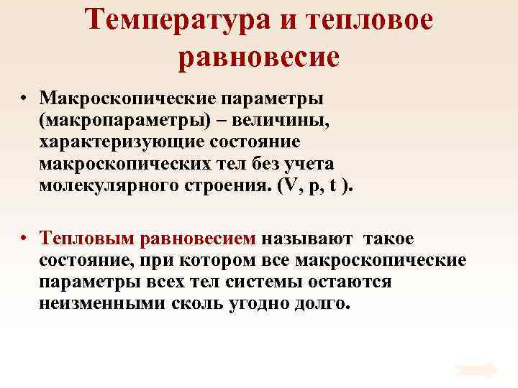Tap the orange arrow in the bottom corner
(x=476, y=370)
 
